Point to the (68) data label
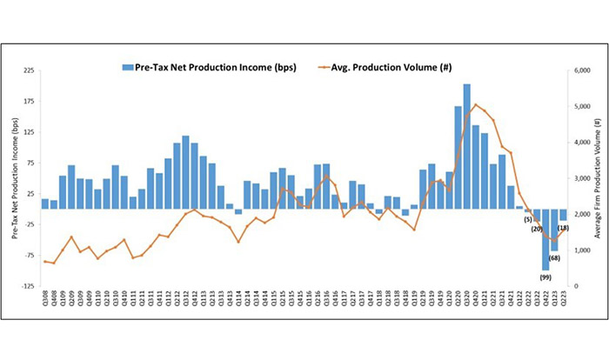554,257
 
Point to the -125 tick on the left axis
28,286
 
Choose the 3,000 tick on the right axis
579,178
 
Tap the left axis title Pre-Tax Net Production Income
12,177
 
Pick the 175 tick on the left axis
30,102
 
